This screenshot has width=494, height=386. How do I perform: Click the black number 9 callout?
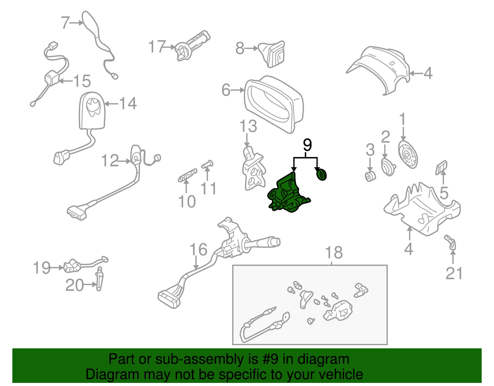[x=307, y=145]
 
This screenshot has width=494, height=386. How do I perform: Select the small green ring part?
[x=321, y=174]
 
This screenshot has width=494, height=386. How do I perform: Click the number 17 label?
[x=157, y=47]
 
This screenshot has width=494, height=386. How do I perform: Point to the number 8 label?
[x=240, y=48]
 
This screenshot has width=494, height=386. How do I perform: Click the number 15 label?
[x=82, y=81]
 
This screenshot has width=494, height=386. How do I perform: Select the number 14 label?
[x=128, y=104]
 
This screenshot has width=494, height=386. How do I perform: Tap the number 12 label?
[x=110, y=161]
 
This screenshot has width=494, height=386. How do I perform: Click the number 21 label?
[x=454, y=274]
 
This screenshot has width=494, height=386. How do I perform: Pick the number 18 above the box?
[x=334, y=252]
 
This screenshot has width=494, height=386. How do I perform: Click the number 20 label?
[x=74, y=285]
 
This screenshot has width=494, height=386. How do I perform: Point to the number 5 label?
[x=444, y=193]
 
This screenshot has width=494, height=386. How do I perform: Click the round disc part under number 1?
[x=407, y=155]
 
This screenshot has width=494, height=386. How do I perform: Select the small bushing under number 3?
[x=370, y=176]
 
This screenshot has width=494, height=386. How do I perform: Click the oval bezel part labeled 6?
[x=273, y=104]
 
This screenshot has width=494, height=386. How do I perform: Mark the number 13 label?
[x=248, y=126]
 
